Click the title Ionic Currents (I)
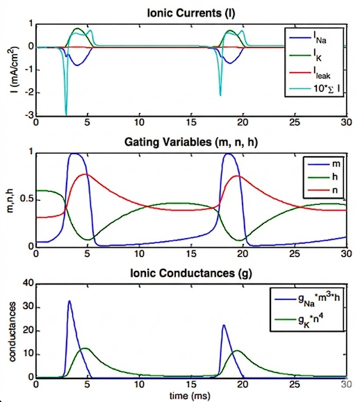(191, 12)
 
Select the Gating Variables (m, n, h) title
(191, 142)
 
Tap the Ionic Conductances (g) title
(191, 273)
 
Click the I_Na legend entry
(308, 38)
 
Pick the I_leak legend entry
(310, 73)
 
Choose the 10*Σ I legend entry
(315, 89)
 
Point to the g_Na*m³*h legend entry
(307, 299)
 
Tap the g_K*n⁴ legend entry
(299, 319)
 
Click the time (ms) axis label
(190, 395)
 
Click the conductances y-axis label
(12, 331)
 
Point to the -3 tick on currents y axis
(29, 115)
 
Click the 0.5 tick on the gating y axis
(26, 199)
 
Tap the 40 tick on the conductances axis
(28, 283)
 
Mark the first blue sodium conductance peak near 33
(69, 301)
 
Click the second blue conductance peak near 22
(224, 325)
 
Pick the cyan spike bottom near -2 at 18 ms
(220, 95)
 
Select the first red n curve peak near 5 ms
(85, 174)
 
